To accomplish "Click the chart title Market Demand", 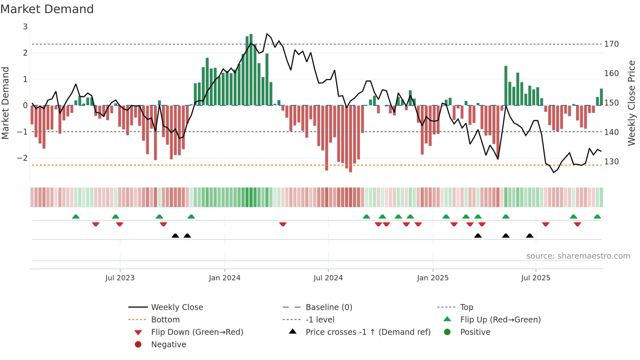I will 47,9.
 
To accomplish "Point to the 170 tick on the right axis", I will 611,44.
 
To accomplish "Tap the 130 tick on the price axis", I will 611,162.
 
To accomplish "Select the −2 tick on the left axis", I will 22,158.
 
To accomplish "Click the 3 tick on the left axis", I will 25,27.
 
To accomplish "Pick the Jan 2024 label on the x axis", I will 224,278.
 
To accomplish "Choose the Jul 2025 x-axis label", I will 536,278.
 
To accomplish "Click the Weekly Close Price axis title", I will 632,103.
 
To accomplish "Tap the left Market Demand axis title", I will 6,103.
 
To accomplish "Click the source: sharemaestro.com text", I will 578,256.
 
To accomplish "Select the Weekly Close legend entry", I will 177,307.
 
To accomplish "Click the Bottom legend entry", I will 165,320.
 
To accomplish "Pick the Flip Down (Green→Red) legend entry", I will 197,332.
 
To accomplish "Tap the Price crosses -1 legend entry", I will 368,332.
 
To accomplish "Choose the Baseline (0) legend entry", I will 328,307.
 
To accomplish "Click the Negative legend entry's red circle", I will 138,345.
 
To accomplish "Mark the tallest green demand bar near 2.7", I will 251,65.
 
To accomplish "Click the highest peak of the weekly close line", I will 267,34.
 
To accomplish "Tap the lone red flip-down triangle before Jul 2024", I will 283,224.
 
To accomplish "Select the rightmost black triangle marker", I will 530,236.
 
